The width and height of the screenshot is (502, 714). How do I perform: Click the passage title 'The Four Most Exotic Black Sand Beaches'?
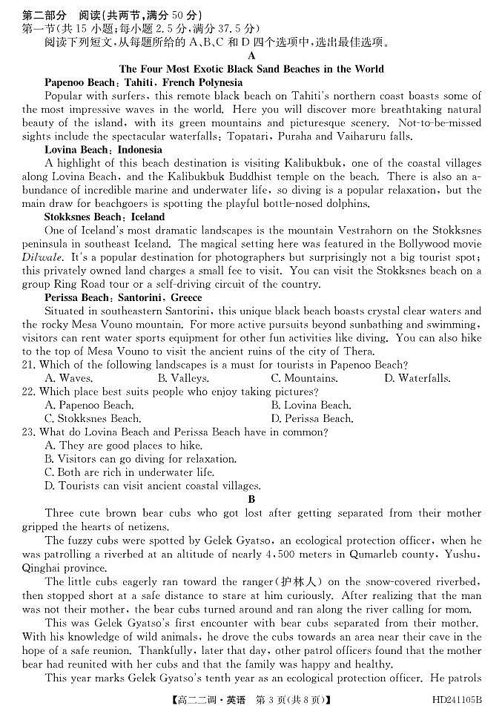(251, 69)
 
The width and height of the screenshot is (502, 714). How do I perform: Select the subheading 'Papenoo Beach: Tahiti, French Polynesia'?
(143, 82)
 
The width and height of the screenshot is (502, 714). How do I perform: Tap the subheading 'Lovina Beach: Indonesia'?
(103, 150)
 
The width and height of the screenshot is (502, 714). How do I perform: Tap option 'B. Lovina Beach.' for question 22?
(311, 405)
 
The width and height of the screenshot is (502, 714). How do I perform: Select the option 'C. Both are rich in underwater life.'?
(130, 472)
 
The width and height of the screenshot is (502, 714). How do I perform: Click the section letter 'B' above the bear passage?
(251, 500)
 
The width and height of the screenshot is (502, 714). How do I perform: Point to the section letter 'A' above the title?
(251, 56)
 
